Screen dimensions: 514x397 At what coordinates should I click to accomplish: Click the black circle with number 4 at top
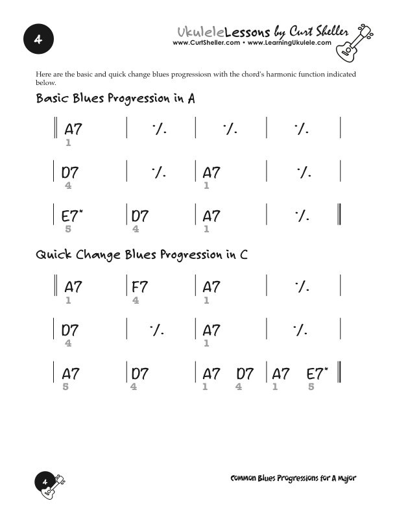click(x=38, y=40)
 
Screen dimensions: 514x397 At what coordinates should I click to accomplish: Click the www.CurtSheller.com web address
click(x=206, y=43)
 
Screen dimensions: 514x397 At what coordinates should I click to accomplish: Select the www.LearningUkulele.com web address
click(x=289, y=43)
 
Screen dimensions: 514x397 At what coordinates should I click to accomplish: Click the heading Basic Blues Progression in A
click(x=115, y=99)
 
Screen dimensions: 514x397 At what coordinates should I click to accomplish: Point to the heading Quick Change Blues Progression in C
click(x=141, y=254)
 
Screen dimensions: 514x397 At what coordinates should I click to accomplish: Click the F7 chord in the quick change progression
click(x=140, y=287)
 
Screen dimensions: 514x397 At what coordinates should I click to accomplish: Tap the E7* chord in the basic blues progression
click(x=72, y=216)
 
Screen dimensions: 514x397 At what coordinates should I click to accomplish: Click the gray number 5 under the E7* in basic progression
click(x=68, y=229)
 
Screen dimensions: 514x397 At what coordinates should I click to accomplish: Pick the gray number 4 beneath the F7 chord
click(x=135, y=300)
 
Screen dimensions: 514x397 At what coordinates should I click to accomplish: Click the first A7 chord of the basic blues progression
click(x=73, y=129)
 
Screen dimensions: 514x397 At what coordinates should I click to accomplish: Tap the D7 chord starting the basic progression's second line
click(x=70, y=173)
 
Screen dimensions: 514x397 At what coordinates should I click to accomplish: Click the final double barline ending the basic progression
click(x=339, y=214)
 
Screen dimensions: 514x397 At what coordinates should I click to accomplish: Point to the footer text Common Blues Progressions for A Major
click(x=293, y=478)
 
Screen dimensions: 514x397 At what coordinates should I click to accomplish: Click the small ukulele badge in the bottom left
click(x=50, y=483)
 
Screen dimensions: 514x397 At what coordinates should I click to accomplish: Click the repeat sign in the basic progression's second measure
click(x=160, y=130)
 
